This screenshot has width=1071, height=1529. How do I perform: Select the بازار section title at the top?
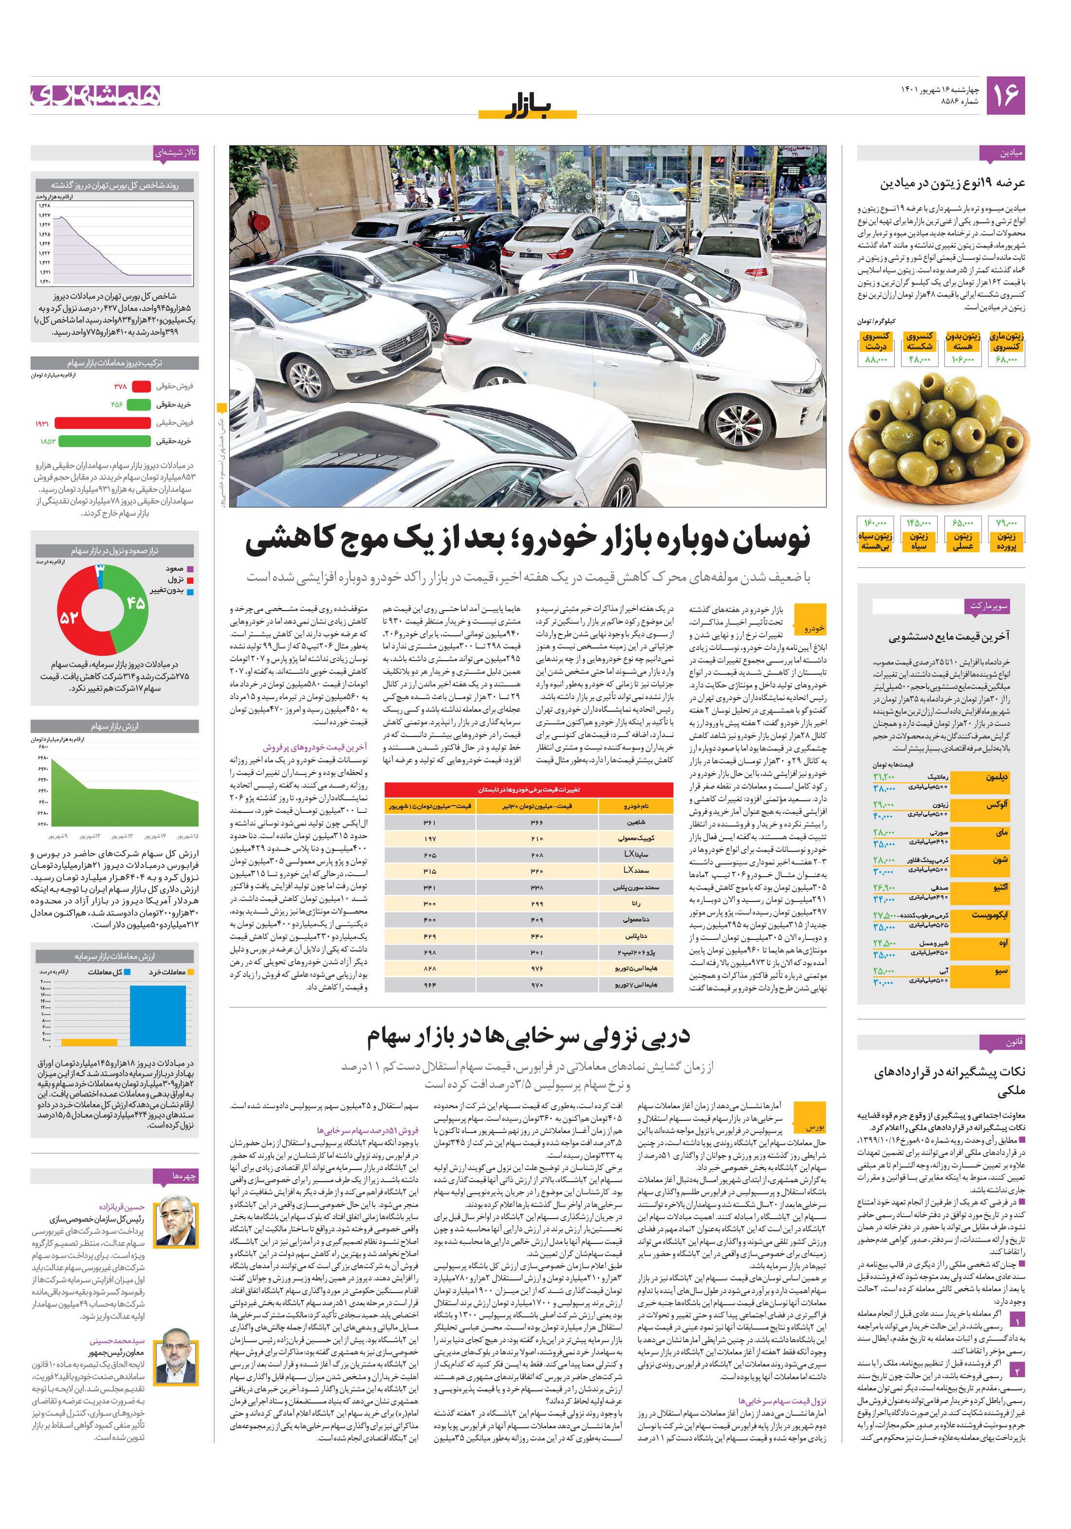click(x=527, y=106)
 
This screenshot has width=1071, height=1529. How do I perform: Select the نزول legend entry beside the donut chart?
click(x=175, y=579)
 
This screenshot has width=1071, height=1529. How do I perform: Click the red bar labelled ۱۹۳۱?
click(x=103, y=423)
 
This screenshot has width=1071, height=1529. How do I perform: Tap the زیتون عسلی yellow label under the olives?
click(x=962, y=541)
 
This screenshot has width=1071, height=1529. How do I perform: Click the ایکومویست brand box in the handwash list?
click(x=989, y=915)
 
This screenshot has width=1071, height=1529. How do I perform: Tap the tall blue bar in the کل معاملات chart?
click(x=158, y=1015)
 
